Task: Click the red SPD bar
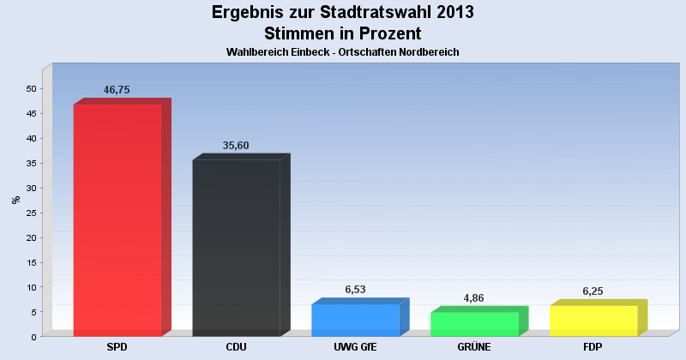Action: [x=117, y=220]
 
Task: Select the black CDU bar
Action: [x=237, y=248]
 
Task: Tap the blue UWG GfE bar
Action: [x=355, y=320]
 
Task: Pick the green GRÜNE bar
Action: [x=474, y=324]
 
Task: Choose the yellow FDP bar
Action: [x=593, y=321]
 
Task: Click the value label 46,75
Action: [x=117, y=89]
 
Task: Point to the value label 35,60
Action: [x=236, y=146]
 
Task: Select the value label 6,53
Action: [x=355, y=290]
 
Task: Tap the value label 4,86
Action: [x=474, y=297]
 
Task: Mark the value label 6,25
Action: [x=593, y=291]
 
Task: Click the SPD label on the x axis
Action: [x=117, y=347]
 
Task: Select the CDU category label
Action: [x=236, y=347]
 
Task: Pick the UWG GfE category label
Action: [x=355, y=347]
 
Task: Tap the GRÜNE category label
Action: [x=474, y=347]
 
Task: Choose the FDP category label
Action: [x=593, y=347]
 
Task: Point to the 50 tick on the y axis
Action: [x=31, y=88]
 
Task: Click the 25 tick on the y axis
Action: [x=31, y=213]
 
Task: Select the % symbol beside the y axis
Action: [x=15, y=200]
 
